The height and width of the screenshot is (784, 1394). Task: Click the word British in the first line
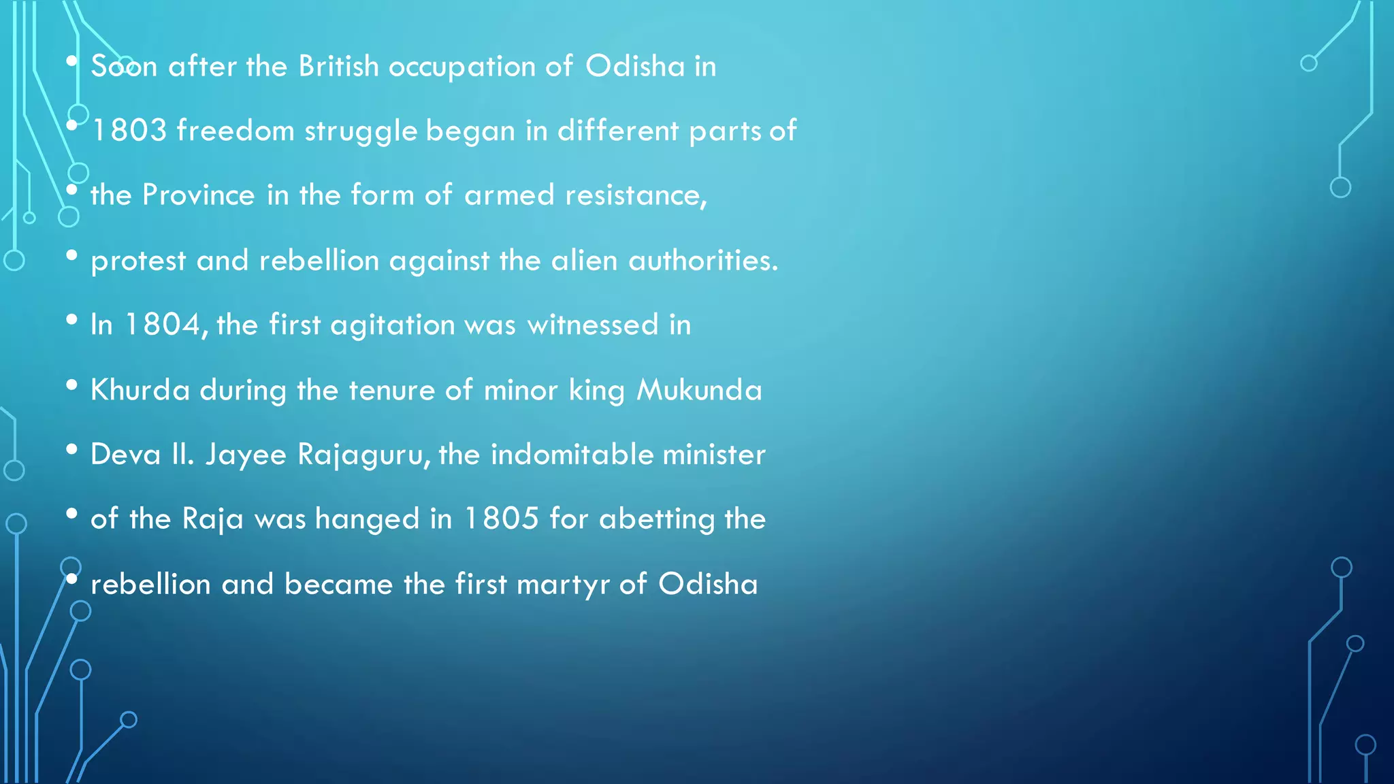pyautogui.click(x=338, y=67)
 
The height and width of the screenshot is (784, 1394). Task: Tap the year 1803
pyautogui.click(x=129, y=131)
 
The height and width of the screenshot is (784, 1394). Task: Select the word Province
pyautogui.click(x=199, y=195)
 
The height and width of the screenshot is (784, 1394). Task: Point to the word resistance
pyautogui.click(x=636, y=195)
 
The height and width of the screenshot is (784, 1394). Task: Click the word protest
pyautogui.click(x=138, y=261)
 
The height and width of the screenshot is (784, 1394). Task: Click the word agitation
pyautogui.click(x=392, y=325)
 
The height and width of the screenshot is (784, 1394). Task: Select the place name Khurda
pyautogui.click(x=140, y=390)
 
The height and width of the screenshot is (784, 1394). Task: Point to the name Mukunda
pyautogui.click(x=699, y=390)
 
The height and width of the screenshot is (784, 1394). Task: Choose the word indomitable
pyautogui.click(x=572, y=455)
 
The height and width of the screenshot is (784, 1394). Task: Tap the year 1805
pyautogui.click(x=502, y=519)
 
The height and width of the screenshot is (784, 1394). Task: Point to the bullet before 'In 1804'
pyautogui.click(x=72, y=320)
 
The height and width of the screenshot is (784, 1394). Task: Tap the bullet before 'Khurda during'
pyautogui.click(x=72, y=385)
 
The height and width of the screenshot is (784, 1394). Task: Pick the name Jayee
pyautogui.click(x=246, y=455)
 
